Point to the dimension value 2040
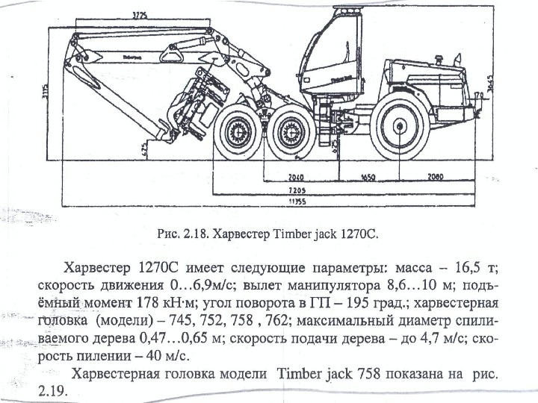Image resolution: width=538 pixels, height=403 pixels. click(297, 180)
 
